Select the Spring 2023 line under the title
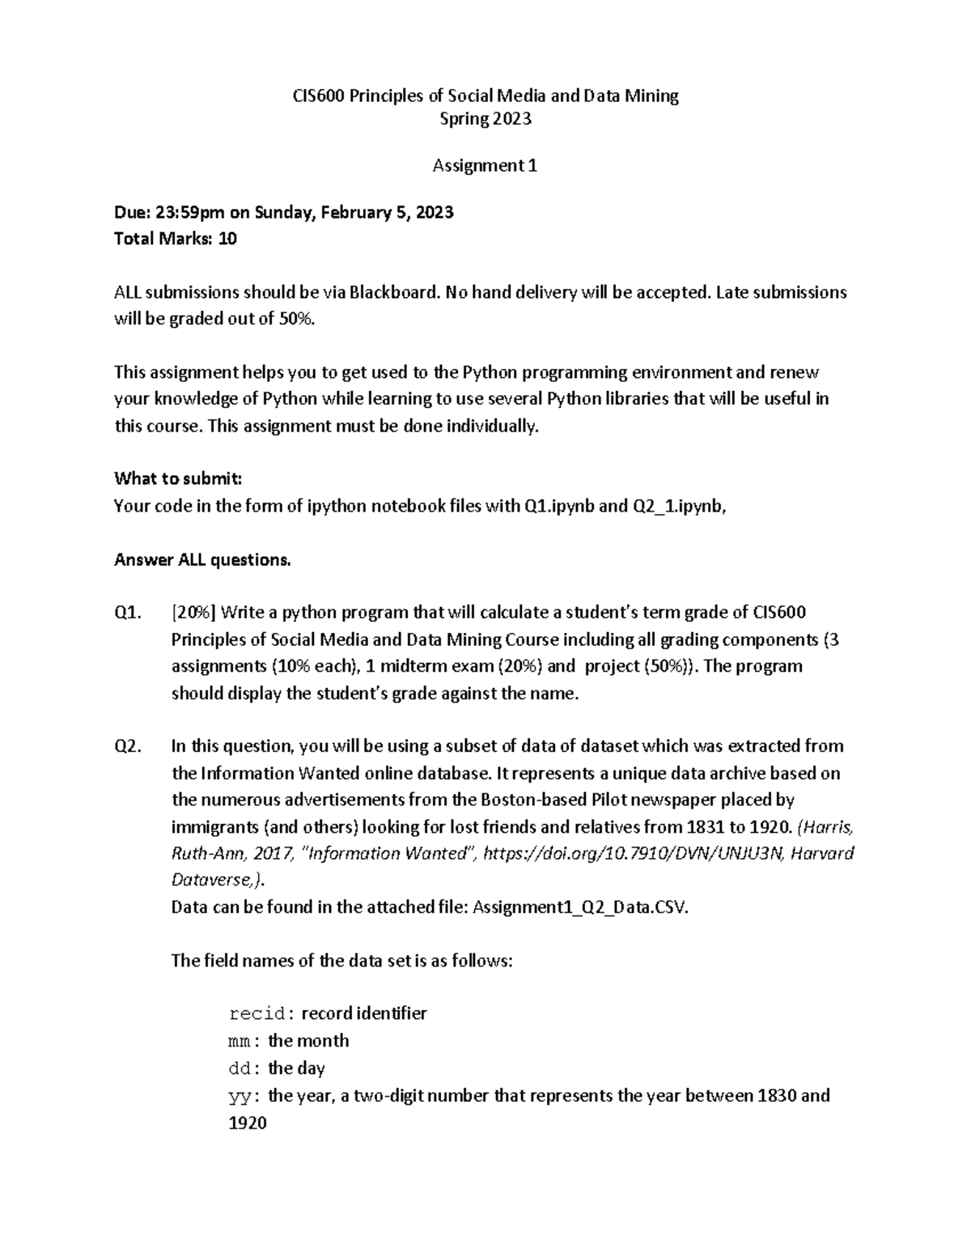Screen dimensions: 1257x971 (x=485, y=119)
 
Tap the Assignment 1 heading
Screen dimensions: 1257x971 (x=485, y=166)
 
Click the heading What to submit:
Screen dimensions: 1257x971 (x=178, y=478)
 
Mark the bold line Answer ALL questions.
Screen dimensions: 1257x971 (x=202, y=560)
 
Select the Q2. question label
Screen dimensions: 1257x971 (x=128, y=746)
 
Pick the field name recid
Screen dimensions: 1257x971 (x=257, y=1014)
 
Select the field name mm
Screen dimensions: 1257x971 (x=241, y=1042)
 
